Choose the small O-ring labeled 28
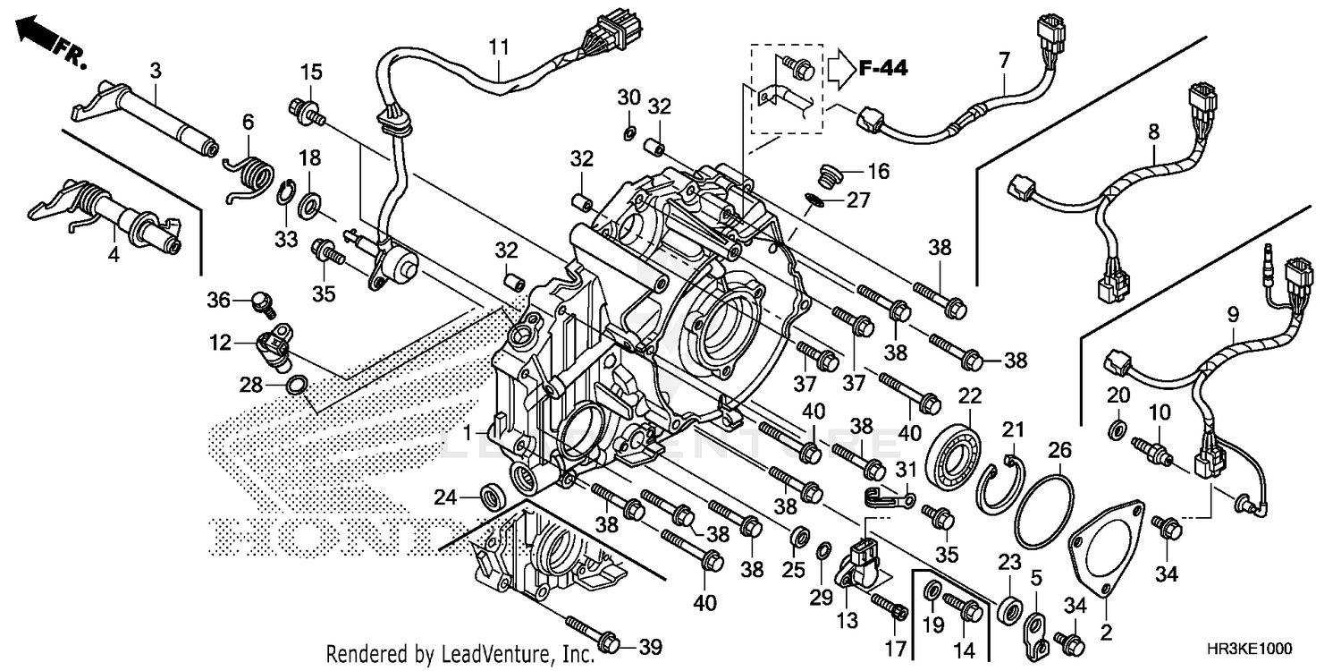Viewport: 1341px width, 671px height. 298,386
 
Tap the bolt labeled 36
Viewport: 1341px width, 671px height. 261,302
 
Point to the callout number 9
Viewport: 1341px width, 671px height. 1233,314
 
